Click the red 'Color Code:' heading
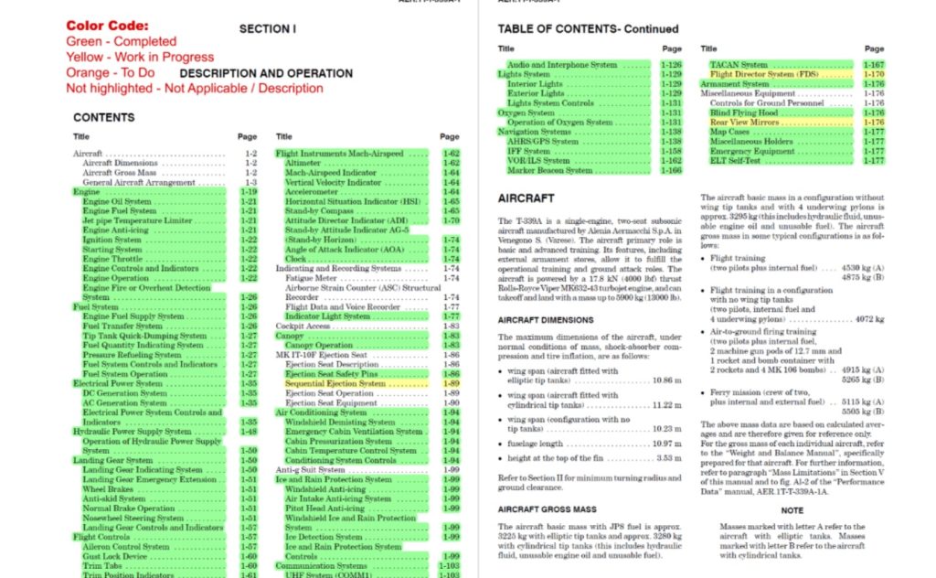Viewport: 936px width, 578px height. [x=107, y=26]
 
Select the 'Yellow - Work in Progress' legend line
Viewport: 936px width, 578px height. [x=140, y=57]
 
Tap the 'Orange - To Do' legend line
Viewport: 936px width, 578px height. [x=111, y=72]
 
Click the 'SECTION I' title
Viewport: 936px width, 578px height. [x=267, y=29]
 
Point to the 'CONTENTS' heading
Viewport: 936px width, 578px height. [x=103, y=117]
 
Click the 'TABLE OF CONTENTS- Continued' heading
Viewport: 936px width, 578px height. [x=588, y=29]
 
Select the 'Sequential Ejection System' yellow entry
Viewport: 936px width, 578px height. [x=335, y=384]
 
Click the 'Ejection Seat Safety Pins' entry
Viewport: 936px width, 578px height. [x=331, y=374]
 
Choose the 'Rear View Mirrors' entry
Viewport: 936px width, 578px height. [x=744, y=123]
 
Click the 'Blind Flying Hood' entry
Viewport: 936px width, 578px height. [x=744, y=112]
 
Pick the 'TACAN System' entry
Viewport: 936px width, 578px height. [x=739, y=65]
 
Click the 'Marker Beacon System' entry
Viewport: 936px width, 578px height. [x=549, y=170]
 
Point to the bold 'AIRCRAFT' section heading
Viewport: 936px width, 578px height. [x=526, y=198]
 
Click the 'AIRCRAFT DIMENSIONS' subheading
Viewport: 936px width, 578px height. [x=545, y=320]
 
